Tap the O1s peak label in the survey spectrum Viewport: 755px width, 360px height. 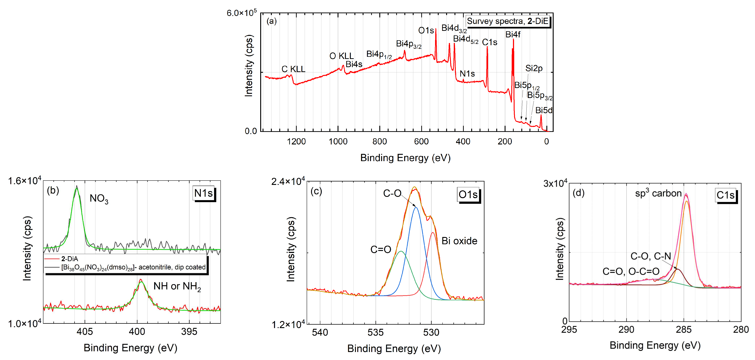coord(426,30)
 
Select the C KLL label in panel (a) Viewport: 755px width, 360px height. coord(293,69)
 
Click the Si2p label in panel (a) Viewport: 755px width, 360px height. coord(534,68)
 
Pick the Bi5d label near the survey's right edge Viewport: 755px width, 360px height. coord(544,111)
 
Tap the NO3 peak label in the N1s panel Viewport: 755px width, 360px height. coord(99,199)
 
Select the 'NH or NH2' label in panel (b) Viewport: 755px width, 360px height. coord(177,286)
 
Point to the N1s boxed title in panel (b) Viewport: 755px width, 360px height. coord(203,193)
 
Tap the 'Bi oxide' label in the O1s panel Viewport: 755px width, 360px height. coord(459,241)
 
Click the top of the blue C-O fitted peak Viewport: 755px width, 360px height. coord(416,207)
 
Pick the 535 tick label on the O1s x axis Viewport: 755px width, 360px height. coord(376,332)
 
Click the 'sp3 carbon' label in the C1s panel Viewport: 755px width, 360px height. coord(658,193)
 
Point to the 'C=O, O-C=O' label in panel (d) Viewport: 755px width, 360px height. coord(631,271)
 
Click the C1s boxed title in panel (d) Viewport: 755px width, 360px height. coord(725,195)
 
